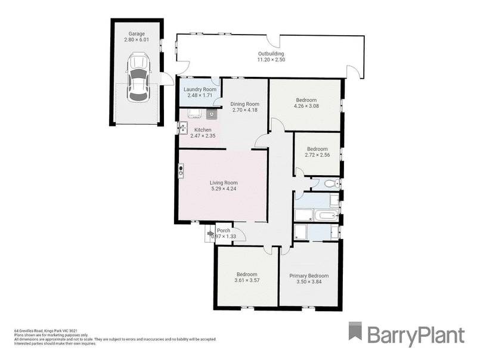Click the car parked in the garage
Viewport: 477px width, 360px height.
point(138,77)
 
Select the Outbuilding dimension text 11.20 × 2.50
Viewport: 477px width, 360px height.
point(271,60)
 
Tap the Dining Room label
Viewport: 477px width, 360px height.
point(243,104)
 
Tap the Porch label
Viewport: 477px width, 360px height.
point(224,231)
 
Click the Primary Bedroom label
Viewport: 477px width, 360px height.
point(309,275)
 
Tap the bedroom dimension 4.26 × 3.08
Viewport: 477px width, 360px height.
point(306,106)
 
